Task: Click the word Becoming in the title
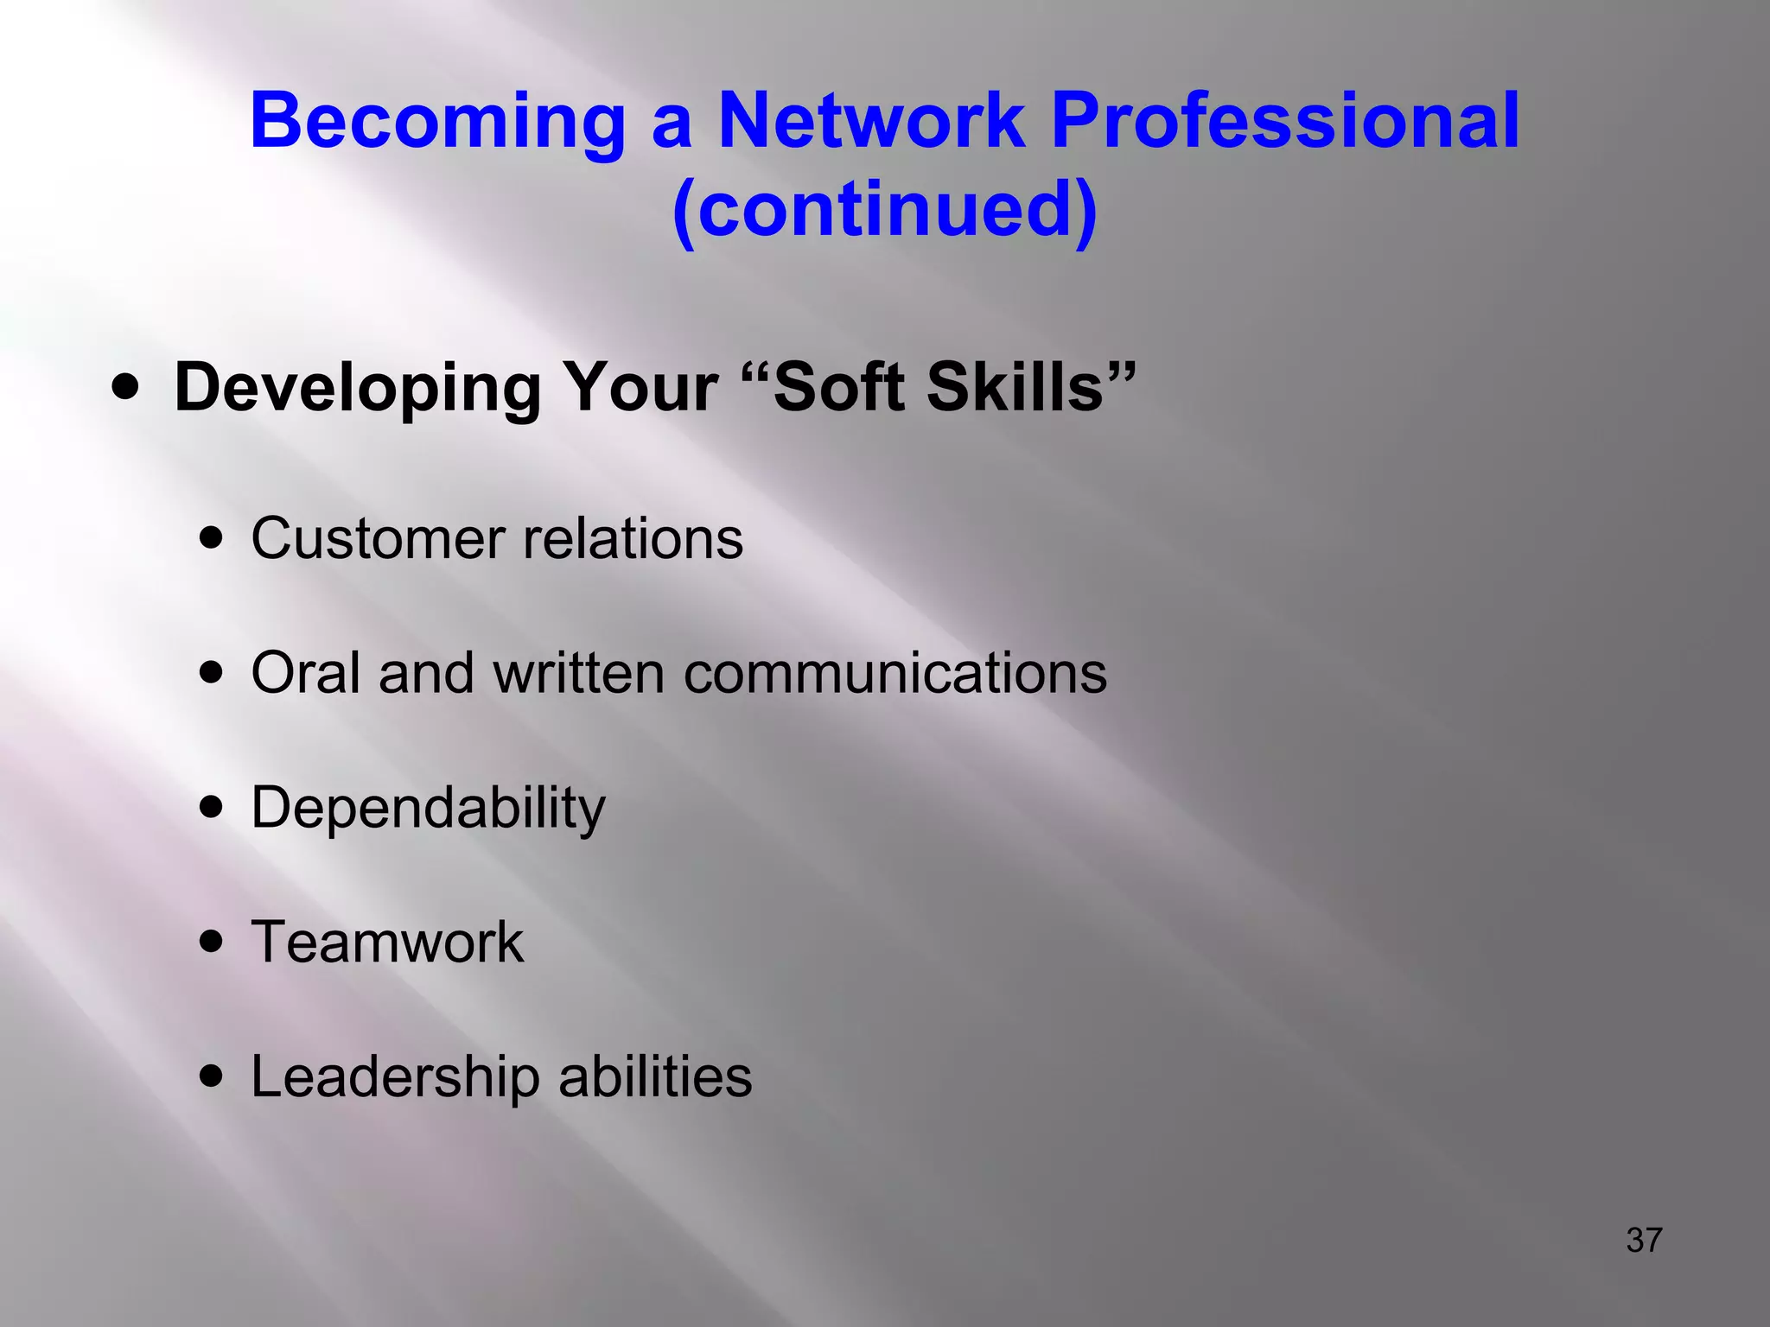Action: click(x=437, y=123)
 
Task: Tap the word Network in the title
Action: click(x=871, y=121)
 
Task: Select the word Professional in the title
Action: click(x=1285, y=121)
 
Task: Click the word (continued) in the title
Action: click(x=884, y=211)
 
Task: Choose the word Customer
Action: click(x=377, y=539)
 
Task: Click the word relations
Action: click(x=634, y=539)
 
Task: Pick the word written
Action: click(x=579, y=672)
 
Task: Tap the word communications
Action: click(x=895, y=672)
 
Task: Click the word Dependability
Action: click(x=428, y=809)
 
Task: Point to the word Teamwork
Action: click(x=387, y=941)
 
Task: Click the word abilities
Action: click(x=655, y=1076)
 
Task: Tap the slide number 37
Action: click(x=1644, y=1240)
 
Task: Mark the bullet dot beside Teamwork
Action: click(x=210, y=941)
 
